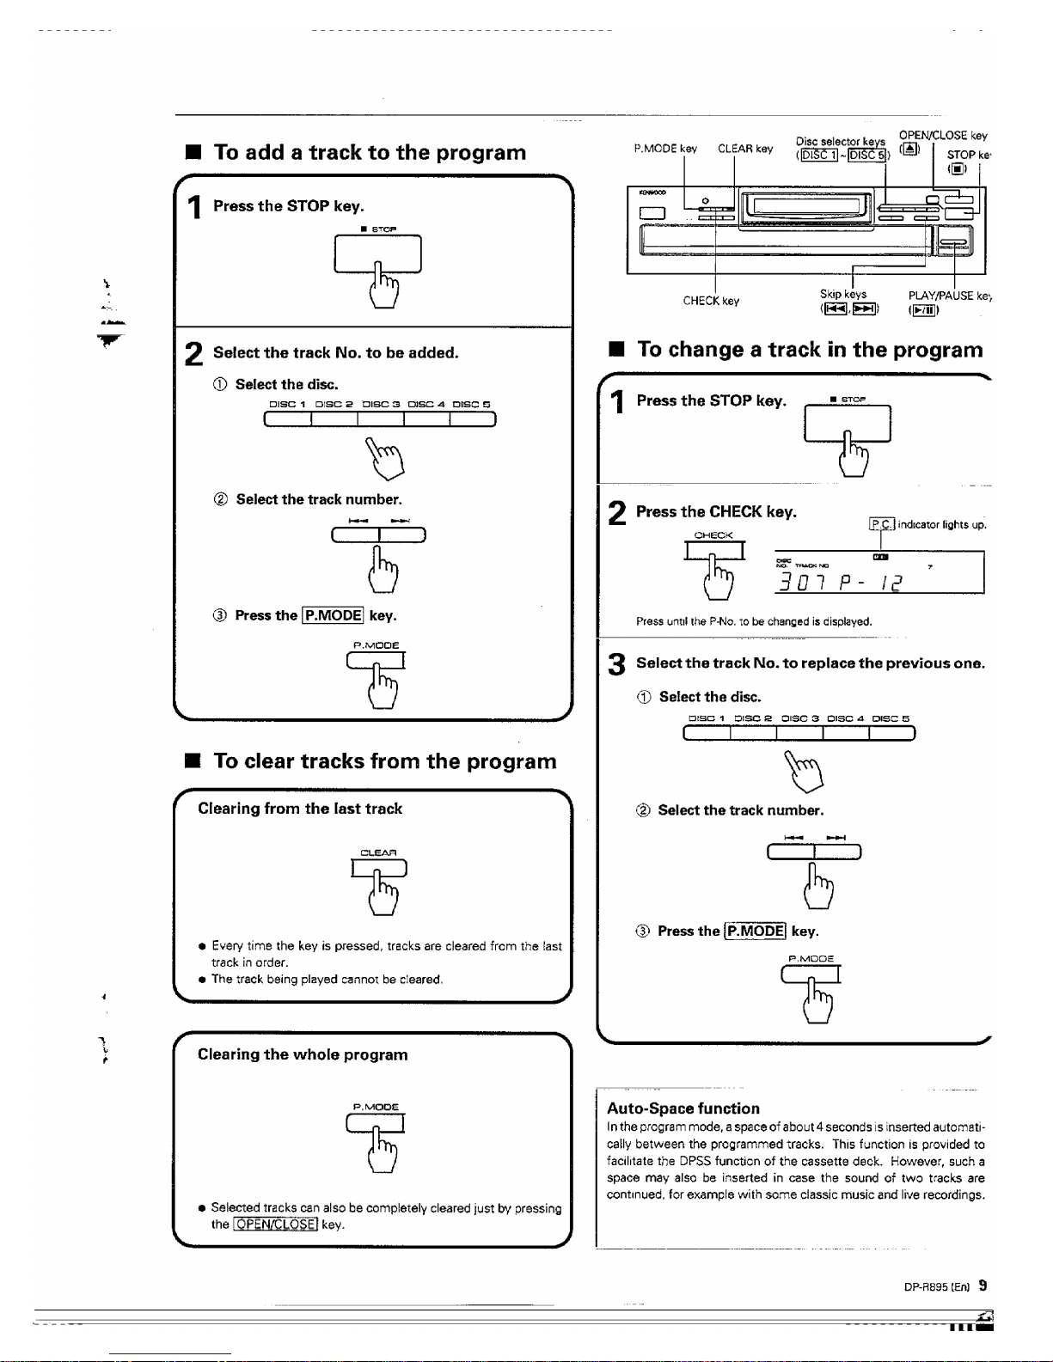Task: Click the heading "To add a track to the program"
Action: click(x=370, y=153)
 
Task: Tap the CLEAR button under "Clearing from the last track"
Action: click(x=379, y=869)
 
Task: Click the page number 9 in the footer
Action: click(x=983, y=1286)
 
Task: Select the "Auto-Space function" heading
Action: click(x=683, y=1109)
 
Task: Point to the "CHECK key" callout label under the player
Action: click(x=711, y=301)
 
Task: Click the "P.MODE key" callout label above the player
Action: click(x=664, y=149)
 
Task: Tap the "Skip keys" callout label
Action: click(x=843, y=295)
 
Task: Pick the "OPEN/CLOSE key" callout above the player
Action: click(x=943, y=136)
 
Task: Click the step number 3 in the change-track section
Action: click(x=615, y=664)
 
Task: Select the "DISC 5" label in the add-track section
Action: click(x=471, y=404)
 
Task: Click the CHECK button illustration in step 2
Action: click(x=714, y=550)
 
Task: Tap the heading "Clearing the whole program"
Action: click(x=303, y=1054)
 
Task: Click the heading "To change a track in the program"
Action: click(x=810, y=350)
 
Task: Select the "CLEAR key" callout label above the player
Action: click(x=745, y=149)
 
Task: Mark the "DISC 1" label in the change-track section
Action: click(x=707, y=718)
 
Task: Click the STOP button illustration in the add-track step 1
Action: click(x=378, y=254)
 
